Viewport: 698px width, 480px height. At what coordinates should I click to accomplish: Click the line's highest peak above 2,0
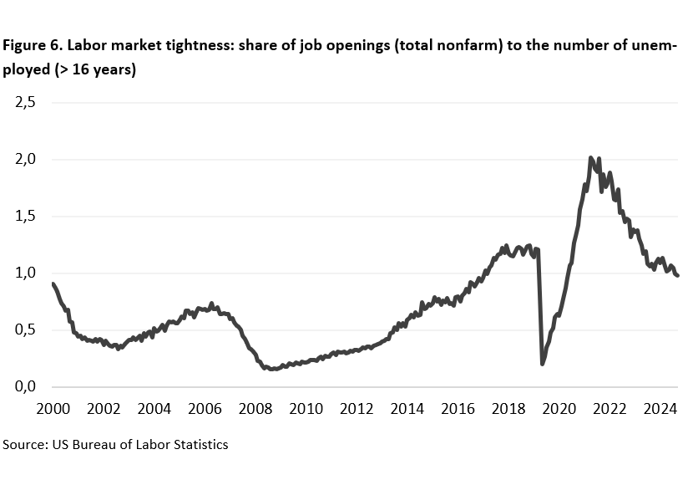(590, 157)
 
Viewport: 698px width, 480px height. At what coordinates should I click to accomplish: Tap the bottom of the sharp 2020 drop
(543, 364)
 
